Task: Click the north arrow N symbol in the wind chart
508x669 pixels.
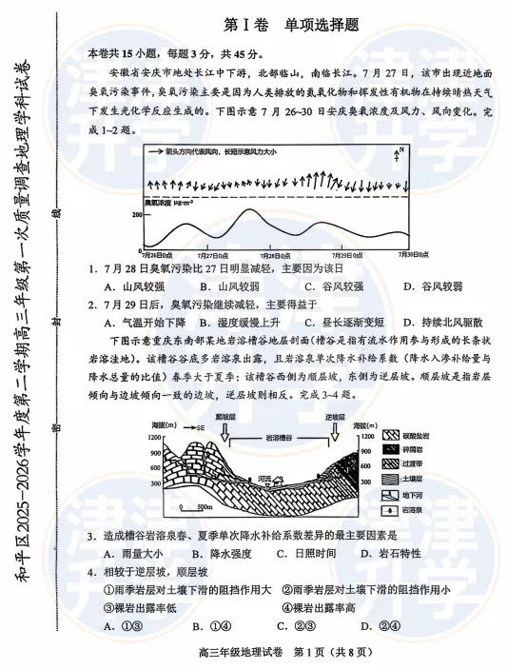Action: point(401,153)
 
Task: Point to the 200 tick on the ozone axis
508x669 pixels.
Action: point(136,215)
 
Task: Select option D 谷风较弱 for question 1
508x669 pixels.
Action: point(428,285)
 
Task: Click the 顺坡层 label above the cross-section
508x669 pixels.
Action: point(225,416)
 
